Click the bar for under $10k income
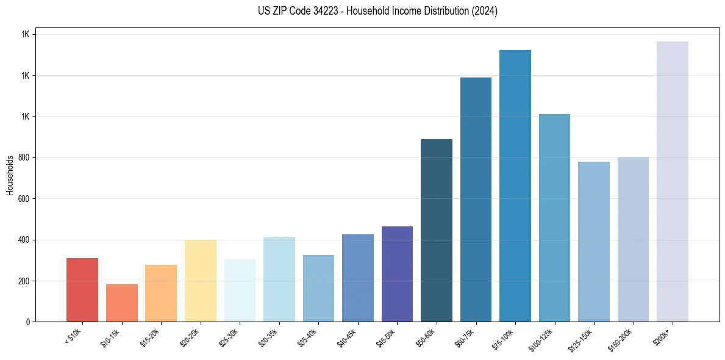(82, 290)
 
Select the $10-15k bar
(122, 303)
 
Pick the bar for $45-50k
(397, 274)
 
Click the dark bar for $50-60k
(437, 231)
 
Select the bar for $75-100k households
(515, 186)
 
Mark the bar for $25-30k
(240, 290)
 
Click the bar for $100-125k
(554, 218)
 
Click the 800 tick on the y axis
(23, 158)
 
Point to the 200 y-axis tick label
(23, 281)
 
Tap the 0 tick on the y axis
(27, 322)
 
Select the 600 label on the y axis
(23, 199)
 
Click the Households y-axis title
(10, 175)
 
